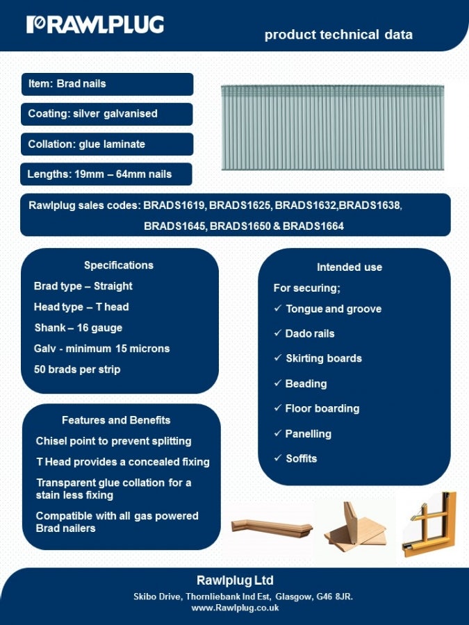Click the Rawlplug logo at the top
(x=95, y=25)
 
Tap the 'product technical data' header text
(x=338, y=35)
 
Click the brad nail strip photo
(x=332, y=127)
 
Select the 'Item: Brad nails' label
(x=67, y=84)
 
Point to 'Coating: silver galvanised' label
(x=92, y=114)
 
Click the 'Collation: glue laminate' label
(x=86, y=144)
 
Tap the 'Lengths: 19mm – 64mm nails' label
(x=99, y=174)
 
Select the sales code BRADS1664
(x=313, y=226)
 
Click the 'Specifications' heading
(x=119, y=265)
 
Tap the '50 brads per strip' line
(x=77, y=369)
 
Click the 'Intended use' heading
(x=349, y=267)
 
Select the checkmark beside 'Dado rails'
(x=277, y=333)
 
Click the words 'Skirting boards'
(x=324, y=358)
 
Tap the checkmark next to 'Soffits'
(x=277, y=458)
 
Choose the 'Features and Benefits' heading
(x=116, y=420)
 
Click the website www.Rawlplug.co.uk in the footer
(x=235, y=608)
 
